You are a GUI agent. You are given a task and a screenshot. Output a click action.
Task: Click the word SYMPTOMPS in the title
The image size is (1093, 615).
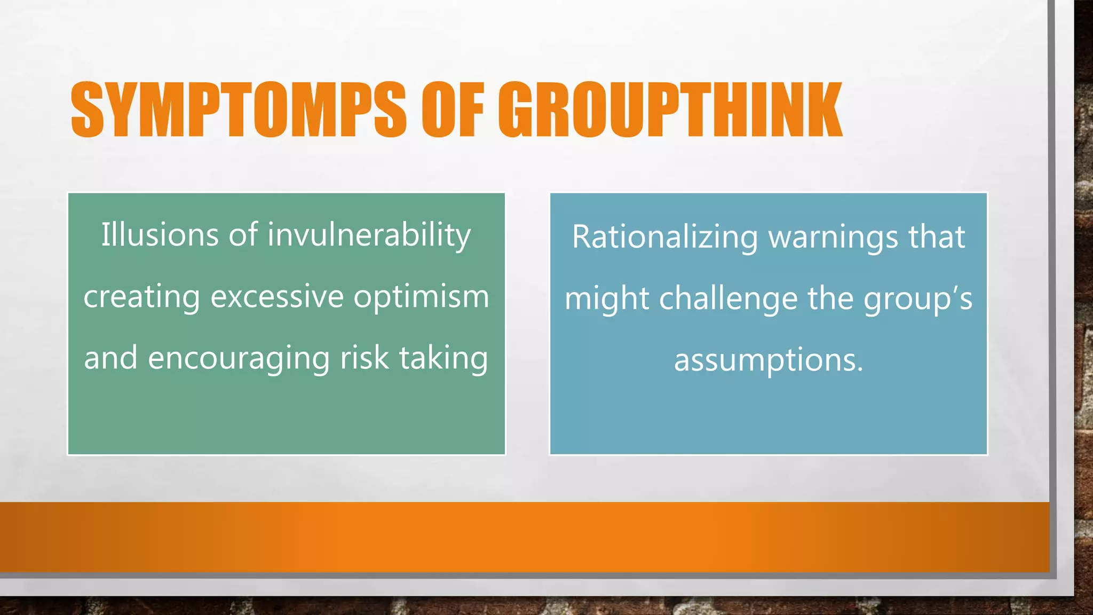[x=238, y=110]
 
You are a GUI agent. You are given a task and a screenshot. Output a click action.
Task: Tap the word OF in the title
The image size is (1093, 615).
[x=453, y=110]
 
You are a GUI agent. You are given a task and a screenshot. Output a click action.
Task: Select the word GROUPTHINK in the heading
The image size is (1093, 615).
[x=670, y=110]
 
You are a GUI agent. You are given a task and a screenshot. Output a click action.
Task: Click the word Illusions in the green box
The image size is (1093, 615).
[x=160, y=235]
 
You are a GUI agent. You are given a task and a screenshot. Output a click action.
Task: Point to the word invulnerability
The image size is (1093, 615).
[x=369, y=235]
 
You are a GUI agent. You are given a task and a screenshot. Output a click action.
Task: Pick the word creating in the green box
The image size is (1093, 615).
[x=141, y=297]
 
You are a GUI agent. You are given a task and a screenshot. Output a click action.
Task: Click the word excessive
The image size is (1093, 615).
[x=277, y=297]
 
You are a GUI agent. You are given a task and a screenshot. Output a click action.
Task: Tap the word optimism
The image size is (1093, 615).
[x=421, y=297]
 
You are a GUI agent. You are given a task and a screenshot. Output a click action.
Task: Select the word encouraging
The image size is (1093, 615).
[x=239, y=358]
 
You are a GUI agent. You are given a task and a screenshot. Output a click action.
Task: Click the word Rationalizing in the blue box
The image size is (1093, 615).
[x=664, y=237]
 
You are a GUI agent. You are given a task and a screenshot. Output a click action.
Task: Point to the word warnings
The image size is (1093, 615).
[x=833, y=237]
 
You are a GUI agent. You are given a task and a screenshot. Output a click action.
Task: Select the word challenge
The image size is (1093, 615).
[x=728, y=298]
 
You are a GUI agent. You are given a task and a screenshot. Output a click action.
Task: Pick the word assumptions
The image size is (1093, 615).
[x=768, y=360]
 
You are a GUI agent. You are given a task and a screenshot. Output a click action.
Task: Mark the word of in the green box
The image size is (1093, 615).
[x=243, y=235]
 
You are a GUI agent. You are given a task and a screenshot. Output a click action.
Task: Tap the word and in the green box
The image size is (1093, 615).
[x=110, y=358]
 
